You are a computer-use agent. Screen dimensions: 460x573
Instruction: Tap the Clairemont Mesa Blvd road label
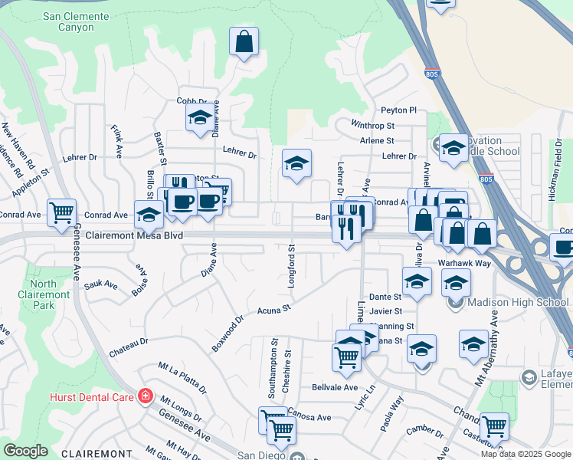(134, 236)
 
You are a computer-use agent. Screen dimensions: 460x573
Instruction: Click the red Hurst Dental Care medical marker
(146, 396)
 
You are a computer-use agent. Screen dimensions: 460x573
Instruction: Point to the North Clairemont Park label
(43, 294)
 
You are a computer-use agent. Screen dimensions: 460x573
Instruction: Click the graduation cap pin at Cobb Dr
(199, 118)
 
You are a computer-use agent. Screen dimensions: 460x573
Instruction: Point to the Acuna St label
(275, 309)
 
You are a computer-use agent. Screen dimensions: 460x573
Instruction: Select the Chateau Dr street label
(128, 341)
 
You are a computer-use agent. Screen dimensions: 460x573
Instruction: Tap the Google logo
(25, 451)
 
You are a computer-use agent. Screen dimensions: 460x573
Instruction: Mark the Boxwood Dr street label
(228, 333)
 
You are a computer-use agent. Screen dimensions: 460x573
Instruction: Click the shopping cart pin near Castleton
(494, 426)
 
